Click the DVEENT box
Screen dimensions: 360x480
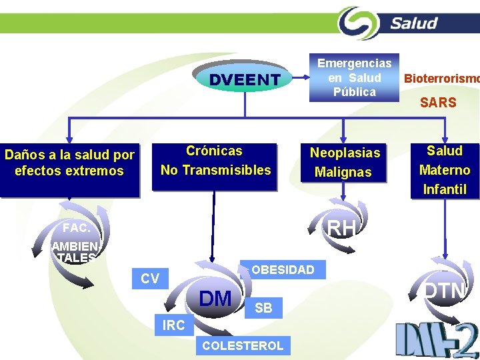click(x=245, y=80)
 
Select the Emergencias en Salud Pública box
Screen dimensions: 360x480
click(x=354, y=77)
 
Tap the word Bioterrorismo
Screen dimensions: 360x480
click(x=441, y=78)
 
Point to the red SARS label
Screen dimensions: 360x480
click(x=438, y=103)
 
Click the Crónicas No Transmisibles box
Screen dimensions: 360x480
click(x=215, y=161)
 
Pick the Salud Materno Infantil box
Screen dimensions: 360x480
click(x=445, y=170)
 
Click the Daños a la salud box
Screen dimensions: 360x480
click(x=70, y=163)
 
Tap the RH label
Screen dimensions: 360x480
click(x=342, y=228)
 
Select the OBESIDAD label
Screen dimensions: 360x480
click(x=283, y=270)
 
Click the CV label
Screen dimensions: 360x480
click(x=150, y=279)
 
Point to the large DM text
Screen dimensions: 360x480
click(x=215, y=298)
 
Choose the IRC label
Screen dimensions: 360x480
click(x=173, y=326)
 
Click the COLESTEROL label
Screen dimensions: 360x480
click(x=243, y=345)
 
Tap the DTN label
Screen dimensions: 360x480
click(x=445, y=291)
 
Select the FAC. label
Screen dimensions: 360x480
click(x=76, y=228)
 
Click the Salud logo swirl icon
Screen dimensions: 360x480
click(x=359, y=23)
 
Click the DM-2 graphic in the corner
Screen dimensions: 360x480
click(x=436, y=338)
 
